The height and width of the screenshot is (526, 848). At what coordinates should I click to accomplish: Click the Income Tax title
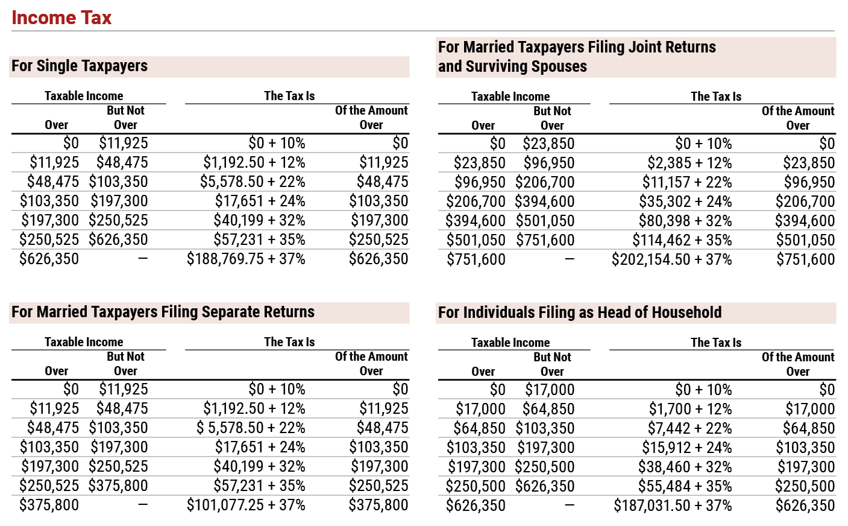[61, 17]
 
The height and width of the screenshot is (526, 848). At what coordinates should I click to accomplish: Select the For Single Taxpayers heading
[80, 66]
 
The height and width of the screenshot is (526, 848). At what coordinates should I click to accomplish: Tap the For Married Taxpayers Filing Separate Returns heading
[163, 312]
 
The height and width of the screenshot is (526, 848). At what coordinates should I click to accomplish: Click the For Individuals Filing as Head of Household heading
[580, 312]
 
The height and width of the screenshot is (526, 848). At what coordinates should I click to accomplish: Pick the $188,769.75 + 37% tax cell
[246, 259]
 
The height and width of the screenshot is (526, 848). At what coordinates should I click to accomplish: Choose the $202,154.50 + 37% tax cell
[671, 259]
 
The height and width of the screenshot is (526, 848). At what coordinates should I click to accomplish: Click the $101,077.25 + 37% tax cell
[246, 505]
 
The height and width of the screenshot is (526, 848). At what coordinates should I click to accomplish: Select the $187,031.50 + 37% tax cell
[673, 505]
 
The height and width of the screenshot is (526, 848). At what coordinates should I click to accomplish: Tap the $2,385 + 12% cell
[689, 163]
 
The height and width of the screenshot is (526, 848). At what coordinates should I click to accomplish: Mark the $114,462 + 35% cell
[682, 240]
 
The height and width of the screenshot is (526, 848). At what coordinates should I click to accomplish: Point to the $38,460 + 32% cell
[685, 467]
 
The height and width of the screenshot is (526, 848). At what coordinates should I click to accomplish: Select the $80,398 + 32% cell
[685, 221]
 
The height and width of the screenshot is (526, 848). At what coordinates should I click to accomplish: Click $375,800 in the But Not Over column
[118, 486]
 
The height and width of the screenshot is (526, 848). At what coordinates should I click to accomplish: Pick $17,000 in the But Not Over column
[550, 390]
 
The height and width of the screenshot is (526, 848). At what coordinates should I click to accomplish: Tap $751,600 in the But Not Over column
[545, 240]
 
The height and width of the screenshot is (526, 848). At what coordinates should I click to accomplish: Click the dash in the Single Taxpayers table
[143, 258]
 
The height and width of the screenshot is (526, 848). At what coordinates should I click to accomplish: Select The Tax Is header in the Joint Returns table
[716, 97]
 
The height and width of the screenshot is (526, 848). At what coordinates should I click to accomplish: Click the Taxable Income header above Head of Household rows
[510, 343]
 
